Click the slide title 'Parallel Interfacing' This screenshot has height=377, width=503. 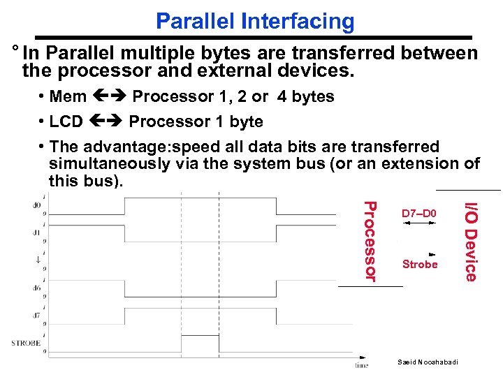click(x=255, y=21)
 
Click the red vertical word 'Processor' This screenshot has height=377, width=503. click(x=371, y=242)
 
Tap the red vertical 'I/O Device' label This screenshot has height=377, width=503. click(x=472, y=242)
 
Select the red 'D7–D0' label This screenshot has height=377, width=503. click(x=419, y=212)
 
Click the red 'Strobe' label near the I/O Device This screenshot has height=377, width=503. click(x=420, y=265)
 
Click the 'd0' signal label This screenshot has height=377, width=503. click(x=36, y=205)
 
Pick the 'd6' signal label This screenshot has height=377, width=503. click(x=36, y=287)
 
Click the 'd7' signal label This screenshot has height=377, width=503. click(x=36, y=313)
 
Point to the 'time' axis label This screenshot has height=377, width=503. click(x=361, y=364)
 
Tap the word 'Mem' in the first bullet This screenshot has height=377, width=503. click(x=68, y=96)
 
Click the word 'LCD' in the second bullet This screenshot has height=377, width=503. click(x=66, y=121)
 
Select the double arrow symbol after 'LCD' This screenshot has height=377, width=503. click(x=105, y=121)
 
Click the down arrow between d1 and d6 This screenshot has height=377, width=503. click(x=36, y=259)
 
